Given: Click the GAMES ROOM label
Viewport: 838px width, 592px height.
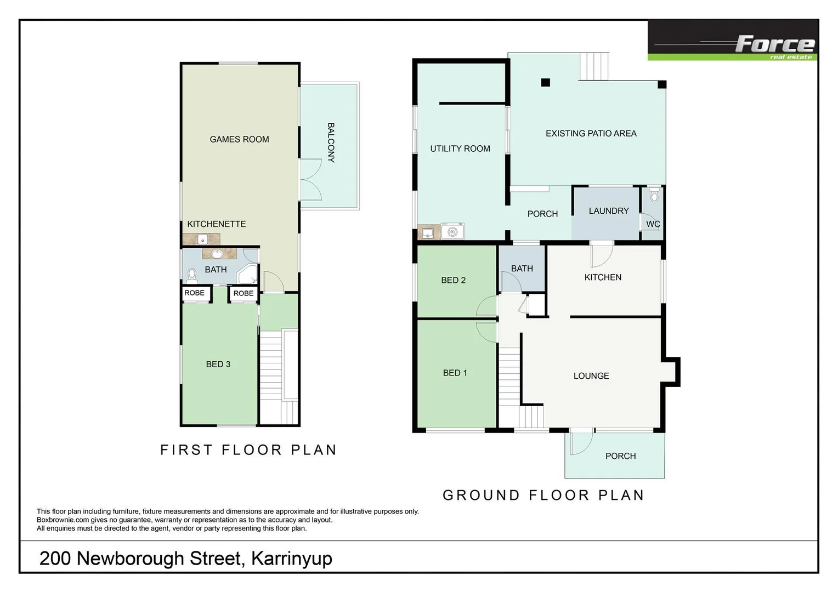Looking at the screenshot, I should (239, 139).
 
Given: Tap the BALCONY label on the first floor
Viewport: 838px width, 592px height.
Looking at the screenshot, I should (331, 143).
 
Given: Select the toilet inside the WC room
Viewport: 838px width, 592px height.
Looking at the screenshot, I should (654, 195).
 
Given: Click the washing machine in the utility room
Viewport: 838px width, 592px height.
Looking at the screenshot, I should (452, 232).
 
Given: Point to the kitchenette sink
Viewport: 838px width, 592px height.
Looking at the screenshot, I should (202, 240).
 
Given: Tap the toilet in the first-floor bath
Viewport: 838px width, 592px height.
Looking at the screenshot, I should (191, 274).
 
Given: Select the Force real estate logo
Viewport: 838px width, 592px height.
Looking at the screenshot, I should (733, 41).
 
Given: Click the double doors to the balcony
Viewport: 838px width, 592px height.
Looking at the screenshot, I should (311, 180).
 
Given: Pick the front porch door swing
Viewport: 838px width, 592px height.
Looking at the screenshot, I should (580, 443).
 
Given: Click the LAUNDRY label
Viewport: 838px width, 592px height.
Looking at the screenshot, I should (608, 211).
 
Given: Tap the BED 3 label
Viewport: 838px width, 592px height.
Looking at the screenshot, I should (218, 365).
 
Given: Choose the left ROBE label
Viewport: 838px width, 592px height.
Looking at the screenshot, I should (194, 293).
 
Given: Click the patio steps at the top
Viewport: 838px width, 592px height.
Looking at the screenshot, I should (594, 66).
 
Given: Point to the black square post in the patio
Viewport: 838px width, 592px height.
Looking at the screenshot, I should (545, 83).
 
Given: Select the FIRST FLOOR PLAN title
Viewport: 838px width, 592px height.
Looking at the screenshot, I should (248, 450).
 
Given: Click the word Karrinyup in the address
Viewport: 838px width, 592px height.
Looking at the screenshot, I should (291, 559).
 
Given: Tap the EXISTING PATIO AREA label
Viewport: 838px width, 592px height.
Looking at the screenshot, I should (591, 134).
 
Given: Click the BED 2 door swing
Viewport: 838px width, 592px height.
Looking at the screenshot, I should (486, 306).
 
